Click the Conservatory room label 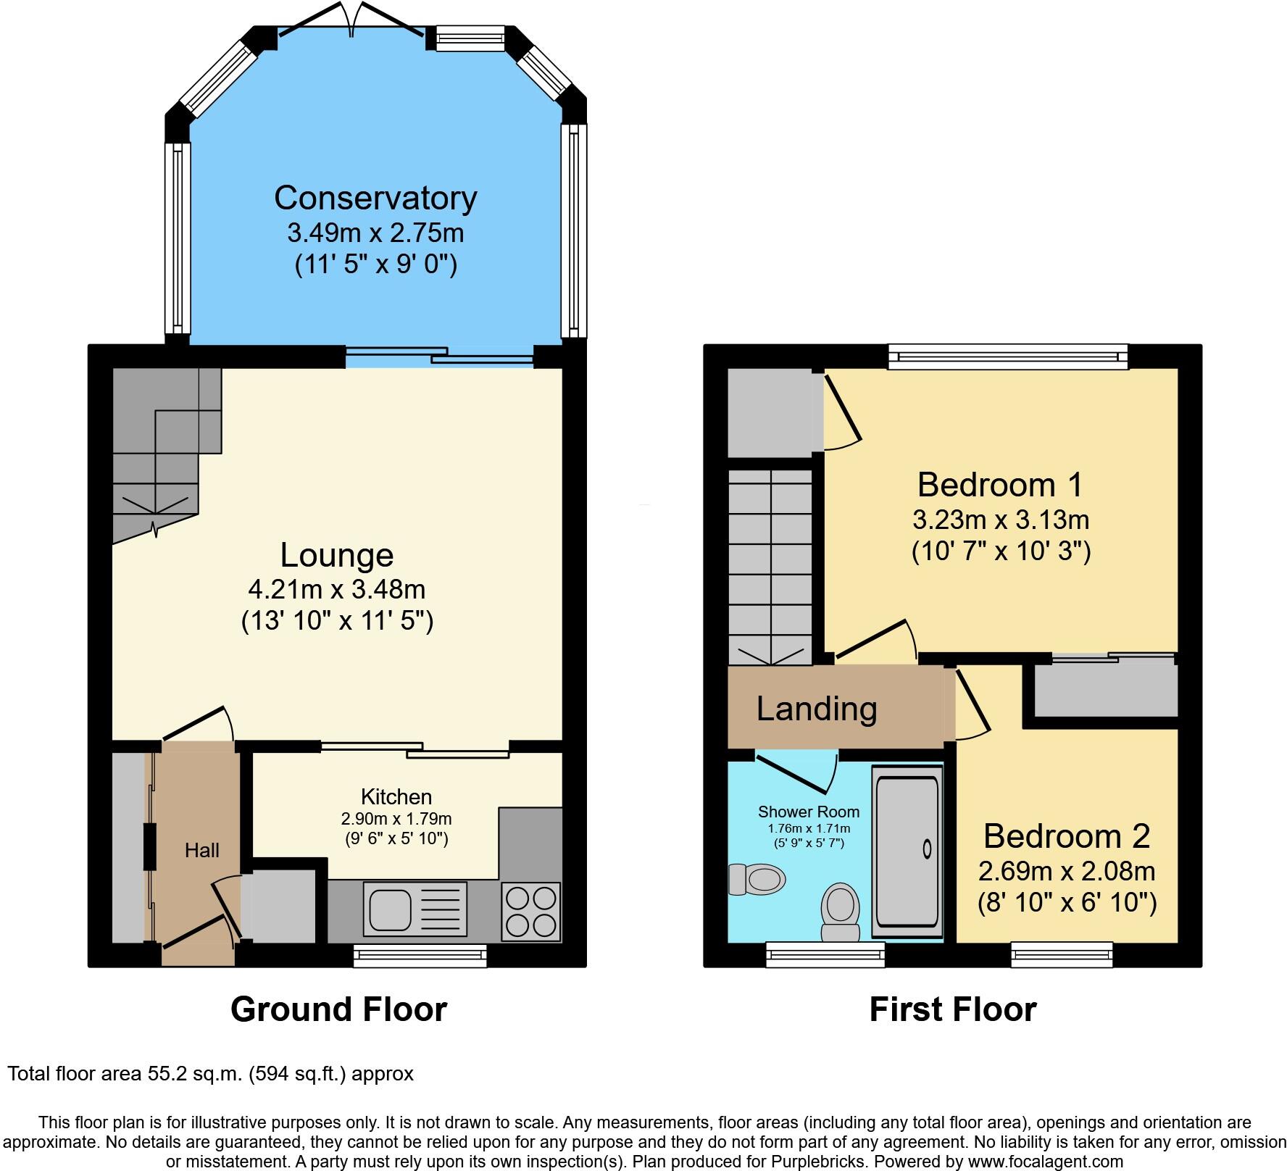tap(375, 198)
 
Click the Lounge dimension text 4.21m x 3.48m tap(336, 589)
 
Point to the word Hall tap(201, 850)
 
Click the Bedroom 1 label tap(1000, 485)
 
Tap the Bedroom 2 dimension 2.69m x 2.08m tap(1067, 870)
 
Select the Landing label tap(817, 708)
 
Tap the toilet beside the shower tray tap(841, 911)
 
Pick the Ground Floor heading tap(338, 1009)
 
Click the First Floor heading tap(952, 1009)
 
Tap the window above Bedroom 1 tap(1009, 356)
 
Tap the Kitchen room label tap(396, 797)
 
